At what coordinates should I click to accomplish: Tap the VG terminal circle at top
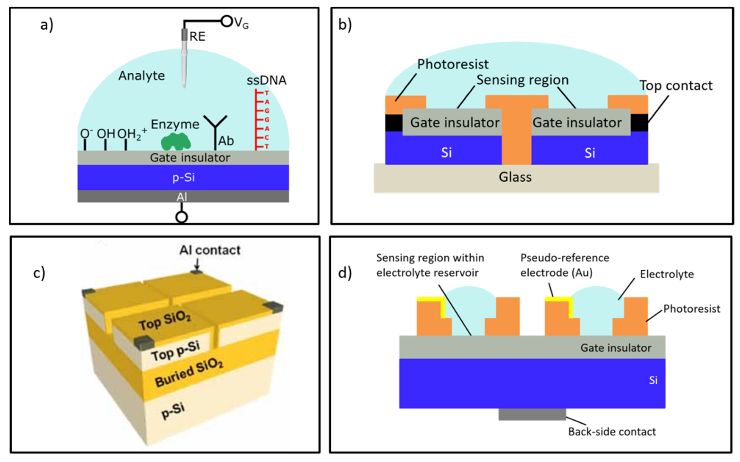pyautogui.click(x=227, y=21)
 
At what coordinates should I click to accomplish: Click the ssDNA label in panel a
pyautogui.click(x=266, y=80)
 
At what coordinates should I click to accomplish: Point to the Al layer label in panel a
pyautogui.click(x=182, y=197)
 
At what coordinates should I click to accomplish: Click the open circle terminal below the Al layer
pyautogui.click(x=182, y=217)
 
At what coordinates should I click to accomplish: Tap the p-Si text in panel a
pyautogui.click(x=183, y=178)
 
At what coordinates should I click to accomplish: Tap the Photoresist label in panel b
pyautogui.click(x=453, y=64)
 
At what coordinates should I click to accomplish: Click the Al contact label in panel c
pyautogui.click(x=210, y=250)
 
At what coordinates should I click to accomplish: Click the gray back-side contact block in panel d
pyautogui.click(x=532, y=414)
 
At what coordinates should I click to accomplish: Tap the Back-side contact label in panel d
pyautogui.click(x=612, y=432)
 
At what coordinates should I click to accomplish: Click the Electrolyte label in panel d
pyautogui.click(x=667, y=274)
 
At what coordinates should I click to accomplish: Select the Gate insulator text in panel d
pyautogui.click(x=616, y=348)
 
